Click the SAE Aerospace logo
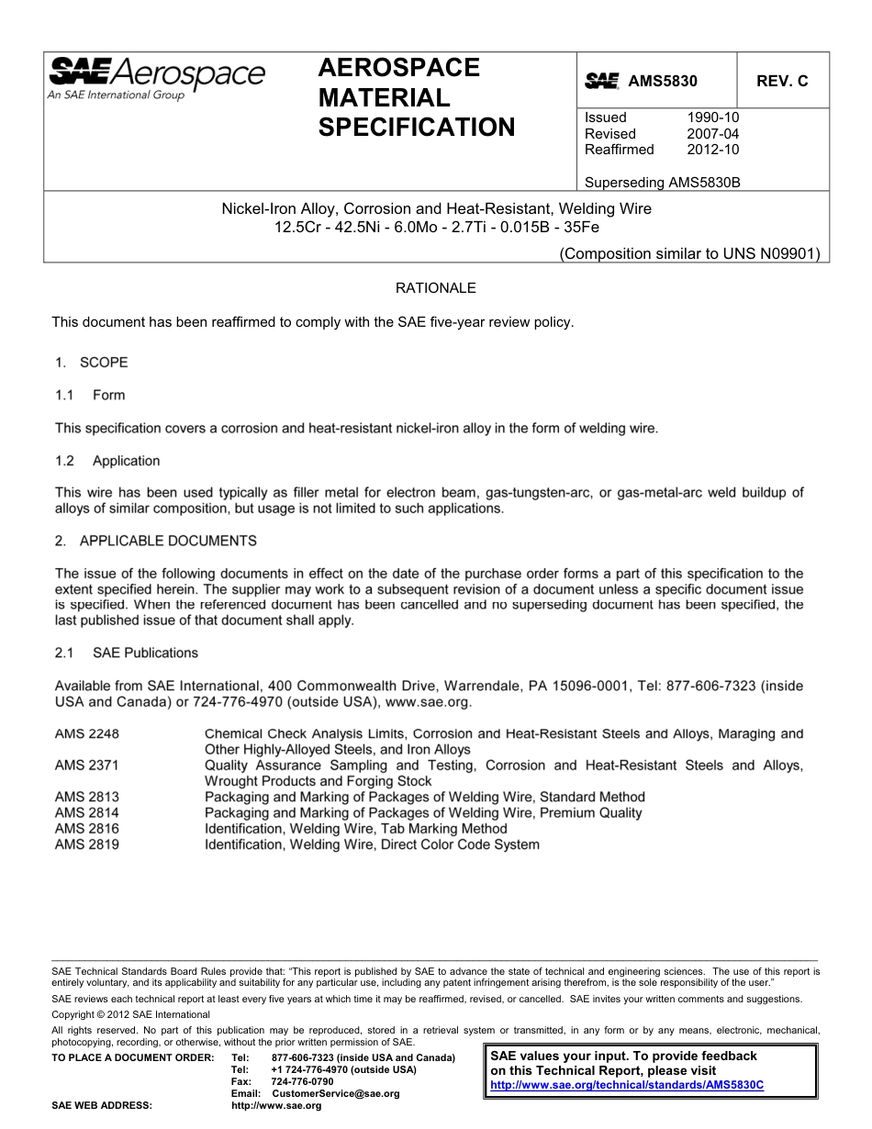[x=156, y=77]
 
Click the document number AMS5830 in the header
[x=662, y=81]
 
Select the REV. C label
[x=782, y=81]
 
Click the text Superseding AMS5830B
[x=662, y=182]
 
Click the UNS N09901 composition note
[x=689, y=253]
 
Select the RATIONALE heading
[x=435, y=288]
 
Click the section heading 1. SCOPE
[x=91, y=363]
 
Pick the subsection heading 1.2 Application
[x=107, y=461]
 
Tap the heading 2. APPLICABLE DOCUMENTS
[x=156, y=541]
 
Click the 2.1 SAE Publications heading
[x=127, y=653]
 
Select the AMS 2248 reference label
[x=87, y=734]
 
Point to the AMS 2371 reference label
[x=87, y=766]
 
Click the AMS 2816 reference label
[x=87, y=828]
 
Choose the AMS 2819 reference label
[x=87, y=844]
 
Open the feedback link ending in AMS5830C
[x=627, y=1085]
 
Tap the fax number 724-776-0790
[x=303, y=1082]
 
